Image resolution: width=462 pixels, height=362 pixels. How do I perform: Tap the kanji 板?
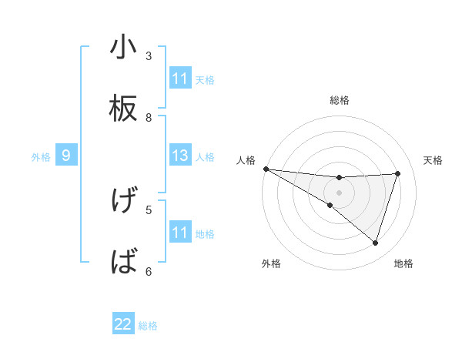[x=123, y=109]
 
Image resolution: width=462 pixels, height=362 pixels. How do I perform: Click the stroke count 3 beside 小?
[x=149, y=55]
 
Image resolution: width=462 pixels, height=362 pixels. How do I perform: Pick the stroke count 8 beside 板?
[x=149, y=117]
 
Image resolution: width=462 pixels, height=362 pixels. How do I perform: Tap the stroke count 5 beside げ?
[x=149, y=209]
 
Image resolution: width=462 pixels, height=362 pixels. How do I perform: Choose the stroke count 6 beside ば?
[x=149, y=270]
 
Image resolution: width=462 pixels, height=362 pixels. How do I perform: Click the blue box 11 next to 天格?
[x=180, y=79]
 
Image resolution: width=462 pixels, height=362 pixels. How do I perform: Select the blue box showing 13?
[x=180, y=156]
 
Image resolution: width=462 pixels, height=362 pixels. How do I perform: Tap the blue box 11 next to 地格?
[x=180, y=233]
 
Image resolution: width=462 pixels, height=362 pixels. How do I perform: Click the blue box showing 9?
[x=66, y=156]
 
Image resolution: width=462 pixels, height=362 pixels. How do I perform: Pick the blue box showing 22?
[x=123, y=324]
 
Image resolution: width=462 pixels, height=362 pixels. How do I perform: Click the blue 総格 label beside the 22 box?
[x=148, y=326]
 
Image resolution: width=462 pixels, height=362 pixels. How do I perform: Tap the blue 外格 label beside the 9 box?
[x=41, y=157]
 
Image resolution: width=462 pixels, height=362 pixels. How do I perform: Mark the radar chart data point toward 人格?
[x=266, y=169]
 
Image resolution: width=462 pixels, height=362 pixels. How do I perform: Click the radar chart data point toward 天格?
[x=397, y=173]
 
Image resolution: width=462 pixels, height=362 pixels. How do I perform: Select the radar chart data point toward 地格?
[x=375, y=243]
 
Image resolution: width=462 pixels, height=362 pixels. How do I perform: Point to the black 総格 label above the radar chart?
[x=340, y=100]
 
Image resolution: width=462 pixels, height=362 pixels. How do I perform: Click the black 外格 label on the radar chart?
[x=271, y=263]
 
